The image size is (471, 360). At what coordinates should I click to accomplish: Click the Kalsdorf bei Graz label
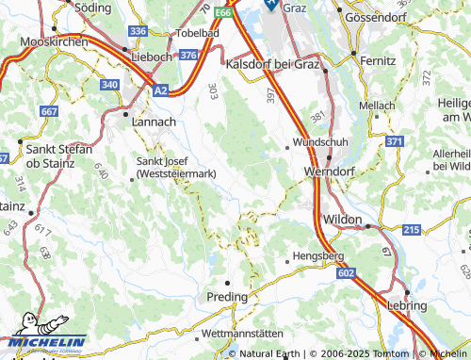[273, 63]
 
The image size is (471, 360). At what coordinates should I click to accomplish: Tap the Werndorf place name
[329, 172]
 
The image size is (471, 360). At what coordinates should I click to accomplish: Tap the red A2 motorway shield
[161, 90]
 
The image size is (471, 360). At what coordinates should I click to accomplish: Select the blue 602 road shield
[345, 272]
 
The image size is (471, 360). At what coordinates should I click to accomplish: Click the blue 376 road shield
[187, 57]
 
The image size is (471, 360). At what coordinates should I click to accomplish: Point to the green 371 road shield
[394, 141]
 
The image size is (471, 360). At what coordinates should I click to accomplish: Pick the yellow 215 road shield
[411, 230]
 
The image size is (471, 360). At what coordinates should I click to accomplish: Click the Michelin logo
[43, 343]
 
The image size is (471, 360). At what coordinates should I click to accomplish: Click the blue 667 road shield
[49, 112]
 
